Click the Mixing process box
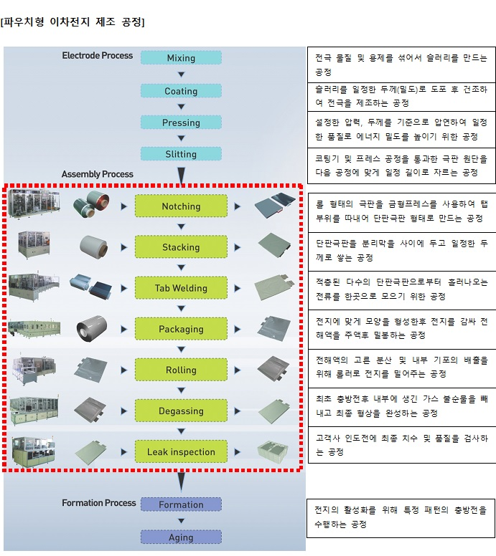(x=181, y=58)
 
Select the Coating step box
(x=181, y=91)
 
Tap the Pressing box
(x=181, y=123)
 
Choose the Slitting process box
(x=181, y=154)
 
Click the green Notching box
(x=181, y=206)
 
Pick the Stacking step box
(x=181, y=247)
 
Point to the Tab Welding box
(x=181, y=288)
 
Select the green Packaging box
(x=181, y=330)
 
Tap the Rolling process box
(x=181, y=370)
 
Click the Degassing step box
(x=181, y=411)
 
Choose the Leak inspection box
(x=181, y=452)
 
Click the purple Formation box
(x=181, y=504)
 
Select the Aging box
(x=181, y=537)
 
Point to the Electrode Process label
(x=98, y=56)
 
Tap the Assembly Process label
(x=98, y=174)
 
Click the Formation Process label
(x=99, y=503)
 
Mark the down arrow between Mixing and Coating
(x=181, y=75)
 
